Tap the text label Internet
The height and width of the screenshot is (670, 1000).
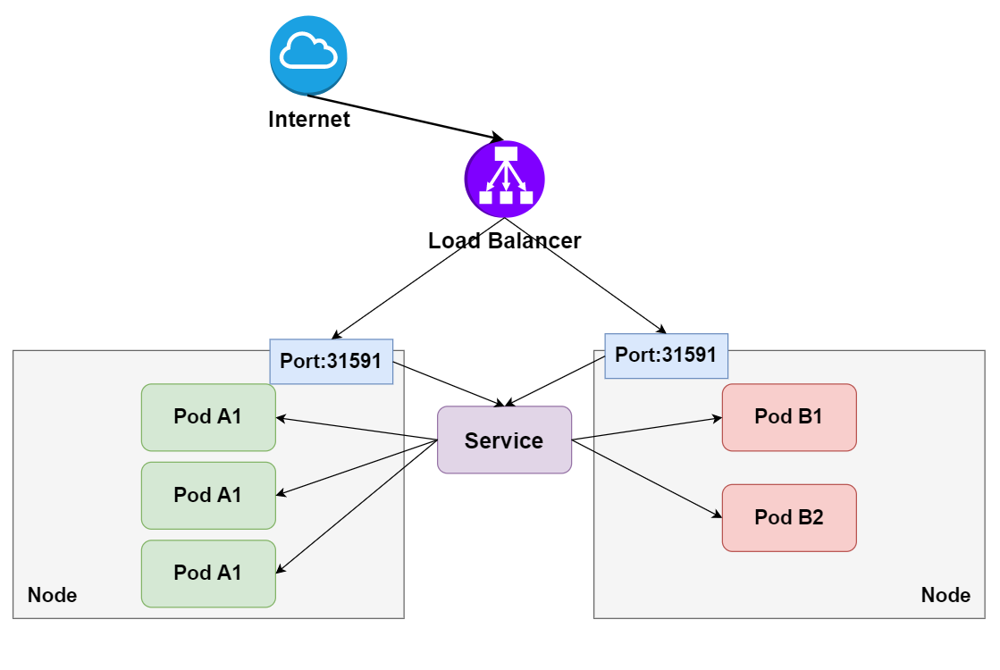[x=308, y=119]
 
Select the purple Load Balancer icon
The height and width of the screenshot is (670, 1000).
[x=504, y=179]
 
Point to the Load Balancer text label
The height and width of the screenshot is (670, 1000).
[x=504, y=240]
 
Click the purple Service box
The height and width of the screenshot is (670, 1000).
[x=504, y=440]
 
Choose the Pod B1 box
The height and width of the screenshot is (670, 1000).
[x=789, y=417]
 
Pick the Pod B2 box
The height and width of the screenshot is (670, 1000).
[x=789, y=517]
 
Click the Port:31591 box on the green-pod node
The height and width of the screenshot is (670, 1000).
[x=332, y=362]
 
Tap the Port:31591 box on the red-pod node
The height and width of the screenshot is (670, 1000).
[x=666, y=356]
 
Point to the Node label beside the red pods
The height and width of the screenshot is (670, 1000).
[x=945, y=595]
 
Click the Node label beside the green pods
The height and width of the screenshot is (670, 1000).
[x=53, y=595]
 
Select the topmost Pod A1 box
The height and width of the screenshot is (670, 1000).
[x=208, y=417]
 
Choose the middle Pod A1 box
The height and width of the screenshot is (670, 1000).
[x=208, y=495]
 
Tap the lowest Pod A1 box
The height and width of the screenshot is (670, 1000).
[x=208, y=573]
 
